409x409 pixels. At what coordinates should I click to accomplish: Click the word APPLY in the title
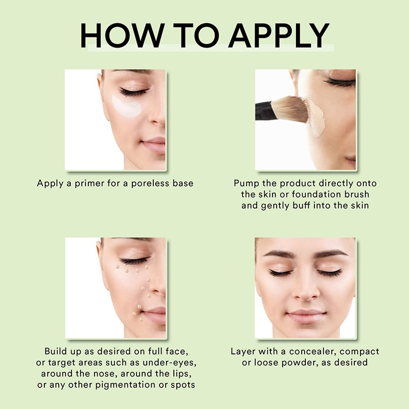[279, 35]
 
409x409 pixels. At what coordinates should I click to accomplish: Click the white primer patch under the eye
[127, 106]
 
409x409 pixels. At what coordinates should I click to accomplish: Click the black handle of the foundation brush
[264, 111]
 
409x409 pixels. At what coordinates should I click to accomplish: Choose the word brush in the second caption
[356, 194]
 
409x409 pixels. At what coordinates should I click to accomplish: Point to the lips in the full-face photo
[306, 315]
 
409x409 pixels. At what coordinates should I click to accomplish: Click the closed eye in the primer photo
[133, 92]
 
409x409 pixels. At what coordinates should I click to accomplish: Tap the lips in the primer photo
[154, 145]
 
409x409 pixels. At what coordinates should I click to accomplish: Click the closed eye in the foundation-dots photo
[134, 260]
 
